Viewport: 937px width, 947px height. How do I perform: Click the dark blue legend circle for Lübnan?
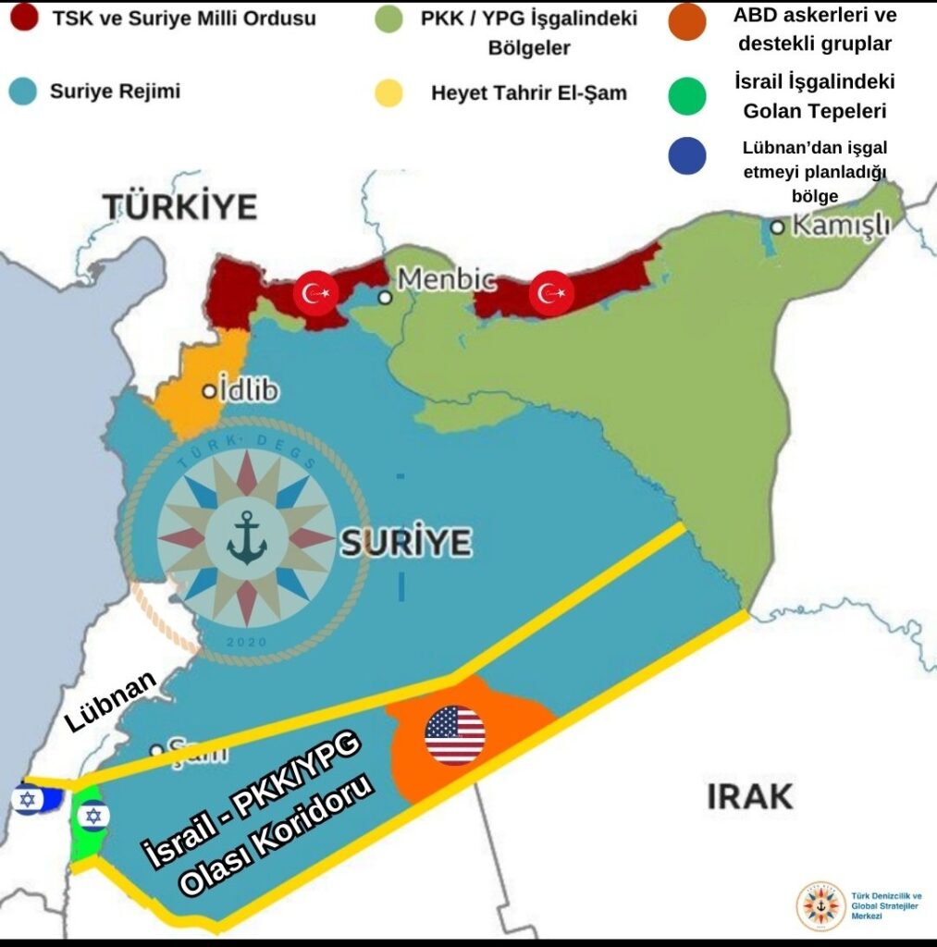[686, 156]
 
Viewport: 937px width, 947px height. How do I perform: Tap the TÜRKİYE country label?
[179, 206]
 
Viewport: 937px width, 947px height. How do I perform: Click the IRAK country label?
[749, 796]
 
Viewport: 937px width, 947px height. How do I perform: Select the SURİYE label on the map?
[406, 543]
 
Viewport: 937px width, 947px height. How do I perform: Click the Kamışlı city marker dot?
[778, 227]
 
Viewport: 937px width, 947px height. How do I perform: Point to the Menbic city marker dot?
[384, 298]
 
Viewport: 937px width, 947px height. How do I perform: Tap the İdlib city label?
[246, 390]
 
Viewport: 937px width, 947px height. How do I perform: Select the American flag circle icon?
[454, 735]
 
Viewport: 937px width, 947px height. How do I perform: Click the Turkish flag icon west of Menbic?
[311, 294]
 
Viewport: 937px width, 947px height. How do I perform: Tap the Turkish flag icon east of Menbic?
[551, 294]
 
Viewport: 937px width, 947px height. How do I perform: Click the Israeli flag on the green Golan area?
[92, 816]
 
